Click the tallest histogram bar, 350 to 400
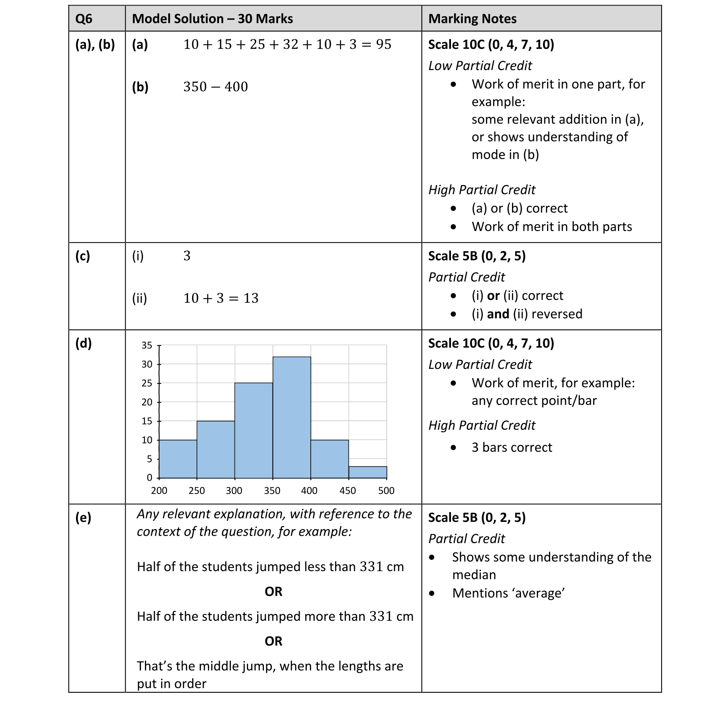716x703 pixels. [x=291, y=417]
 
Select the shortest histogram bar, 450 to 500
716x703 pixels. [x=367, y=472]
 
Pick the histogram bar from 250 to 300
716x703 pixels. [x=216, y=449]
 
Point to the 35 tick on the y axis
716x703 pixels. [x=147, y=345]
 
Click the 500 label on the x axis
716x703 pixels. [x=386, y=490]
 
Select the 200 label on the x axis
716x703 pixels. [x=159, y=490]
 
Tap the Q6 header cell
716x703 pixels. [x=83, y=19]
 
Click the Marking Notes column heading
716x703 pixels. [x=472, y=19]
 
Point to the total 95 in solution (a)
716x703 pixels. [x=384, y=44]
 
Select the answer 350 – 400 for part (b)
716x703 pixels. [x=215, y=87]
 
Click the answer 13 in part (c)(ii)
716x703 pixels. [x=251, y=298]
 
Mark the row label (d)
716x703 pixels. [x=83, y=343]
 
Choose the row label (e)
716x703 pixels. [x=83, y=517]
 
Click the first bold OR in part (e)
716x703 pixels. [x=273, y=592]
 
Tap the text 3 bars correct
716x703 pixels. [x=512, y=448]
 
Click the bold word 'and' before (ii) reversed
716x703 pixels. [x=498, y=314]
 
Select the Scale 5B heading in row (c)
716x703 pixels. [x=477, y=256]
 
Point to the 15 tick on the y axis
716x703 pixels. [x=147, y=421]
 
